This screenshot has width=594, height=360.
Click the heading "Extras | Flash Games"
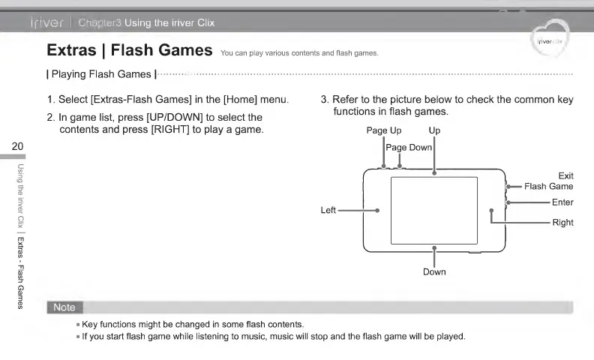coord(129,51)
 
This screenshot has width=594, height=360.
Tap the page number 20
coord(18,145)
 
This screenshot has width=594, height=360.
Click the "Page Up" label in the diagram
coord(383,130)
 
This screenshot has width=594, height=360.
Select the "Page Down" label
coord(409,147)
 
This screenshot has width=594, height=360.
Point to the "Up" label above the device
coord(434,130)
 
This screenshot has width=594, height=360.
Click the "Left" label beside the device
coord(328,211)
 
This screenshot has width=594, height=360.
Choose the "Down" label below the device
coord(434,271)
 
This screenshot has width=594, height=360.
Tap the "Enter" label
coord(562,202)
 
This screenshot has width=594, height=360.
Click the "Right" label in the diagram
coord(562,223)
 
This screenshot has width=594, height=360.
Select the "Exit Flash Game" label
coord(549,181)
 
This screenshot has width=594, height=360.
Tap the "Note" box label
coord(64,307)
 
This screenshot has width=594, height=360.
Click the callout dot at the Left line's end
coord(377,211)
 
